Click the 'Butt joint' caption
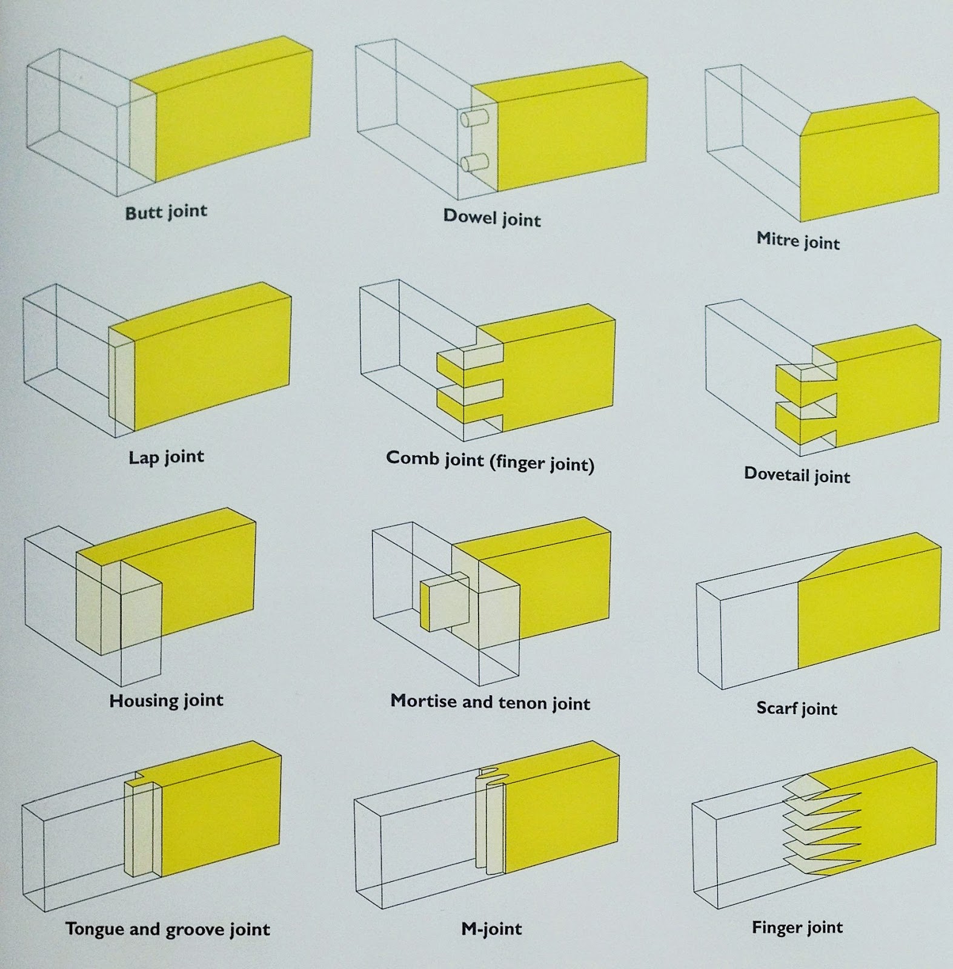click(x=166, y=212)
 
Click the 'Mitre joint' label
click(x=798, y=241)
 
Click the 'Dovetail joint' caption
click(x=797, y=475)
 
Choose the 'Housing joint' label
click(x=166, y=701)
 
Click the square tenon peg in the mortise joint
click(x=444, y=603)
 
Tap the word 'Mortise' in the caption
click(x=423, y=701)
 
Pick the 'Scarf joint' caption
click(x=797, y=708)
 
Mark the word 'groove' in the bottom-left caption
click(x=193, y=930)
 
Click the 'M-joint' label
click(x=491, y=928)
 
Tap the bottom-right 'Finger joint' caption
click(x=797, y=927)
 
